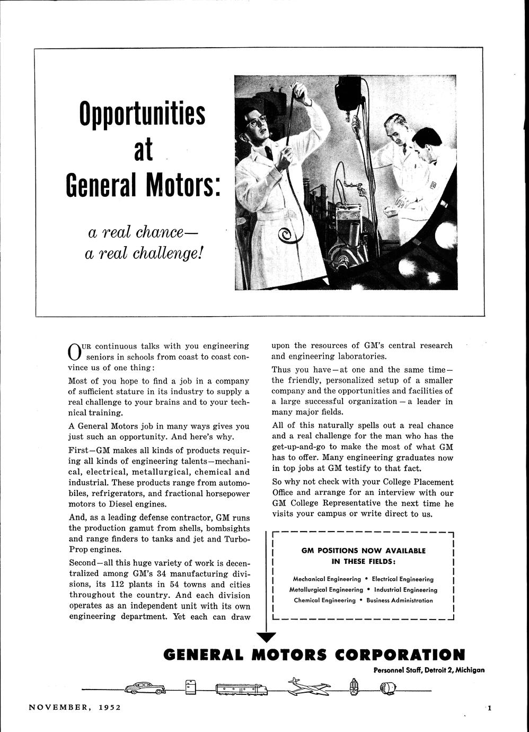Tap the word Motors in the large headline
[182, 183]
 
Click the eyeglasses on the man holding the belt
[257, 120]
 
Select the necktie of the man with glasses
[269, 153]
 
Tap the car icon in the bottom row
[145, 688]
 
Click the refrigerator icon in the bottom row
[191, 687]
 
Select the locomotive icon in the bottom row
[242, 689]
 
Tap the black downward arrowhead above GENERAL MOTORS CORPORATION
[266, 637]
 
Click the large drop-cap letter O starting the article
[75, 352]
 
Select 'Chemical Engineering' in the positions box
[325, 600]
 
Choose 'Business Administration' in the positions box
[400, 600]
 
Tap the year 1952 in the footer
[110, 707]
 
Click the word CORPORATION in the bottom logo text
[400, 655]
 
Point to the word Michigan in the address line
[470, 670]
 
